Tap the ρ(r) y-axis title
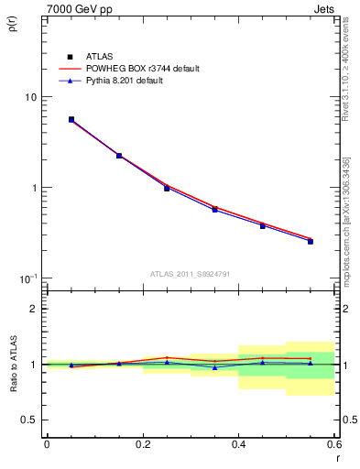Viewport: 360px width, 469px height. (12, 25)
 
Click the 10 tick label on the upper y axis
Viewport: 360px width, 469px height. (30, 97)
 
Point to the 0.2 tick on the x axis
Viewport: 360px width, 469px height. (142, 445)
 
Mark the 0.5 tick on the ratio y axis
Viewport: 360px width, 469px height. (29, 420)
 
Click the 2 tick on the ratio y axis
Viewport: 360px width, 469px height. (34, 309)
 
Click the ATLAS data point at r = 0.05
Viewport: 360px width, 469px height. (71, 119)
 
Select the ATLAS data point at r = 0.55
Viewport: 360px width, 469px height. (311, 241)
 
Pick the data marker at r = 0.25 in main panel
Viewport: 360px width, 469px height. (167, 188)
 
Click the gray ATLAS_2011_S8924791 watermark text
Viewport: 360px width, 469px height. (190, 272)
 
